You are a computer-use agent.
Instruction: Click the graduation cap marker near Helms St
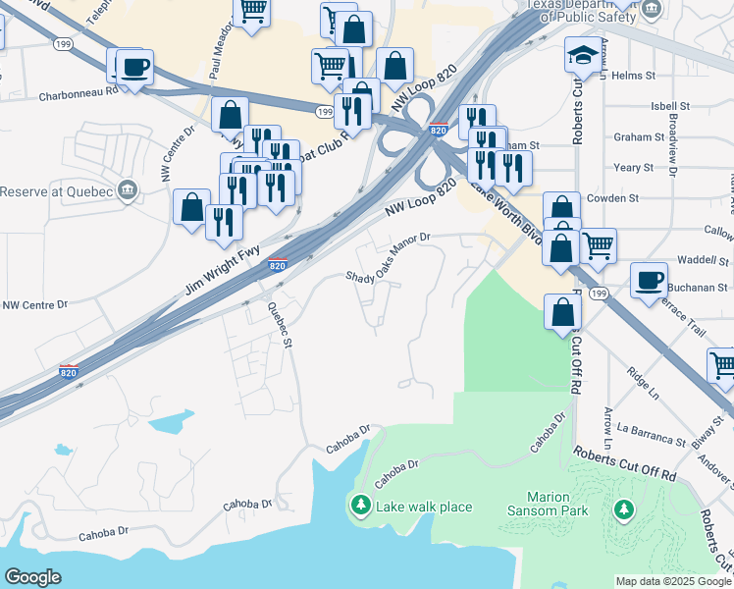point(583,56)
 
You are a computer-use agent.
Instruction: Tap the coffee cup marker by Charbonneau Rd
point(134,68)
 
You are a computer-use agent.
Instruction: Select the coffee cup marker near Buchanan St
point(649,281)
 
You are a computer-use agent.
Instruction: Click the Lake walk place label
point(423,507)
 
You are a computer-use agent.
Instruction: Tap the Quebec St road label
point(281,325)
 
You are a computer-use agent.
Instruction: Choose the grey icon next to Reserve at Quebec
point(127,190)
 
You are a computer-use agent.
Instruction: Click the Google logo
point(32,577)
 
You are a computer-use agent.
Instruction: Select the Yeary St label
point(633,168)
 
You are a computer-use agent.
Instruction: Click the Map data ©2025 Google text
point(672,581)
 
